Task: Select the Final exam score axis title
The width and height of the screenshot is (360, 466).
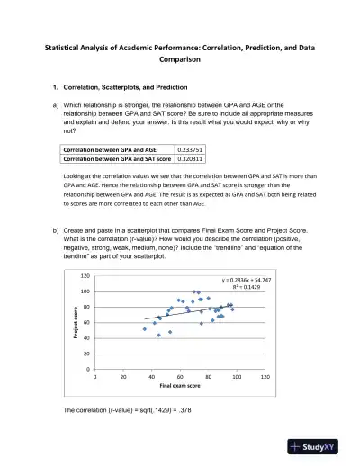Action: click(x=179, y=384)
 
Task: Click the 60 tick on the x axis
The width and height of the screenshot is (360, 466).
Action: click(x=180, y=375)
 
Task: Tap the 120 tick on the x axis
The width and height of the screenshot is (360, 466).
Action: click(x=265, y=375)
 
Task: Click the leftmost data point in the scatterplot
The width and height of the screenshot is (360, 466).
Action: click(x=145, y=329)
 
